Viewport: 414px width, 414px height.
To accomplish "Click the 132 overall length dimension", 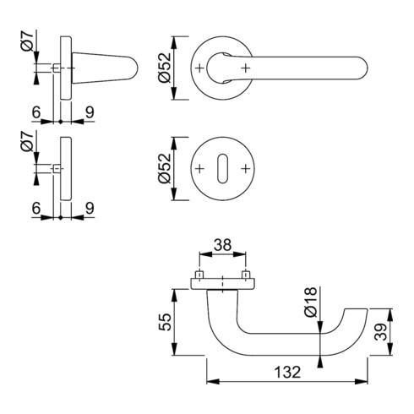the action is [287, 372].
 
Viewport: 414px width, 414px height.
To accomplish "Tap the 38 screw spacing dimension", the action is [222, 245].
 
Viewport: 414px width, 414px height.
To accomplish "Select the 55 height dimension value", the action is [165, 322].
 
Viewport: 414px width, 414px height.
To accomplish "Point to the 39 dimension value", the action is [382, 332].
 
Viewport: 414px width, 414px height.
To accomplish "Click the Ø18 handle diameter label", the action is [311, 302].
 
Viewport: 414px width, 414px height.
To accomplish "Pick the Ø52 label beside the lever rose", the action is [165, 68].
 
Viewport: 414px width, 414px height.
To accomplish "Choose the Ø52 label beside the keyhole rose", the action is [165, 168].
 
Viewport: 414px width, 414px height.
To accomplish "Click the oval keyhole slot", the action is [222, 168].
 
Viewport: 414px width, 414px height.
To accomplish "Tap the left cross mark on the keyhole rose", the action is [199, 169].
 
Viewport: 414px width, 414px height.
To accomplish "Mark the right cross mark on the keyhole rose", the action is [246, 169].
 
